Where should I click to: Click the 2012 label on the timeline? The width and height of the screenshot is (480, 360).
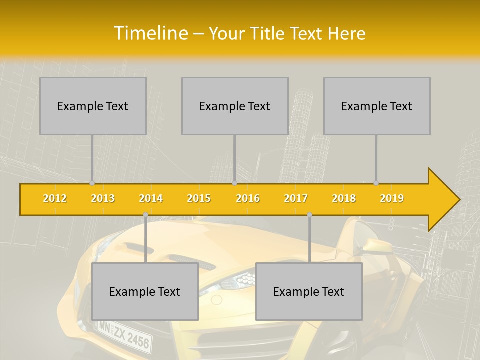55,198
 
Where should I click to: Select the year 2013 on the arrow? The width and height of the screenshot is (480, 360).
103,198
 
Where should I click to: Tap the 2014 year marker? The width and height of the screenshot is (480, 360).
151,198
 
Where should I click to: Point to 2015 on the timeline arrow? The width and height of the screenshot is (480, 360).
199,198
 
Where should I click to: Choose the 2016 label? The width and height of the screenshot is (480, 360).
248,198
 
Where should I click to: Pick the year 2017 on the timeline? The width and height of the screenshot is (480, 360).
296,198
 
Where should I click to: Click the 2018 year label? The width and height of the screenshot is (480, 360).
344,198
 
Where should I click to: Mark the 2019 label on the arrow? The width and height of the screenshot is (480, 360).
392,198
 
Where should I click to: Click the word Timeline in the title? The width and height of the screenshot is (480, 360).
150,33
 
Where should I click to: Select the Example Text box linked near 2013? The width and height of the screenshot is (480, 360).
93,106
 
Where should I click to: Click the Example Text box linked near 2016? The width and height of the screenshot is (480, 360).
235,106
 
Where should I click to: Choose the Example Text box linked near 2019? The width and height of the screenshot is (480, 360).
377,106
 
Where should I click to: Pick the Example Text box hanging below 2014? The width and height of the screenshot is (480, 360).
145,291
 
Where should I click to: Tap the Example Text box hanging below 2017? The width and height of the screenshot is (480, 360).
309,291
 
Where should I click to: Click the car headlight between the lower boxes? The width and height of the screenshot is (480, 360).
239,278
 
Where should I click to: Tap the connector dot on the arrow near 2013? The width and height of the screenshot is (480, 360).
92,183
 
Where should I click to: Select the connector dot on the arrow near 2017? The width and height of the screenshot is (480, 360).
309,214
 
